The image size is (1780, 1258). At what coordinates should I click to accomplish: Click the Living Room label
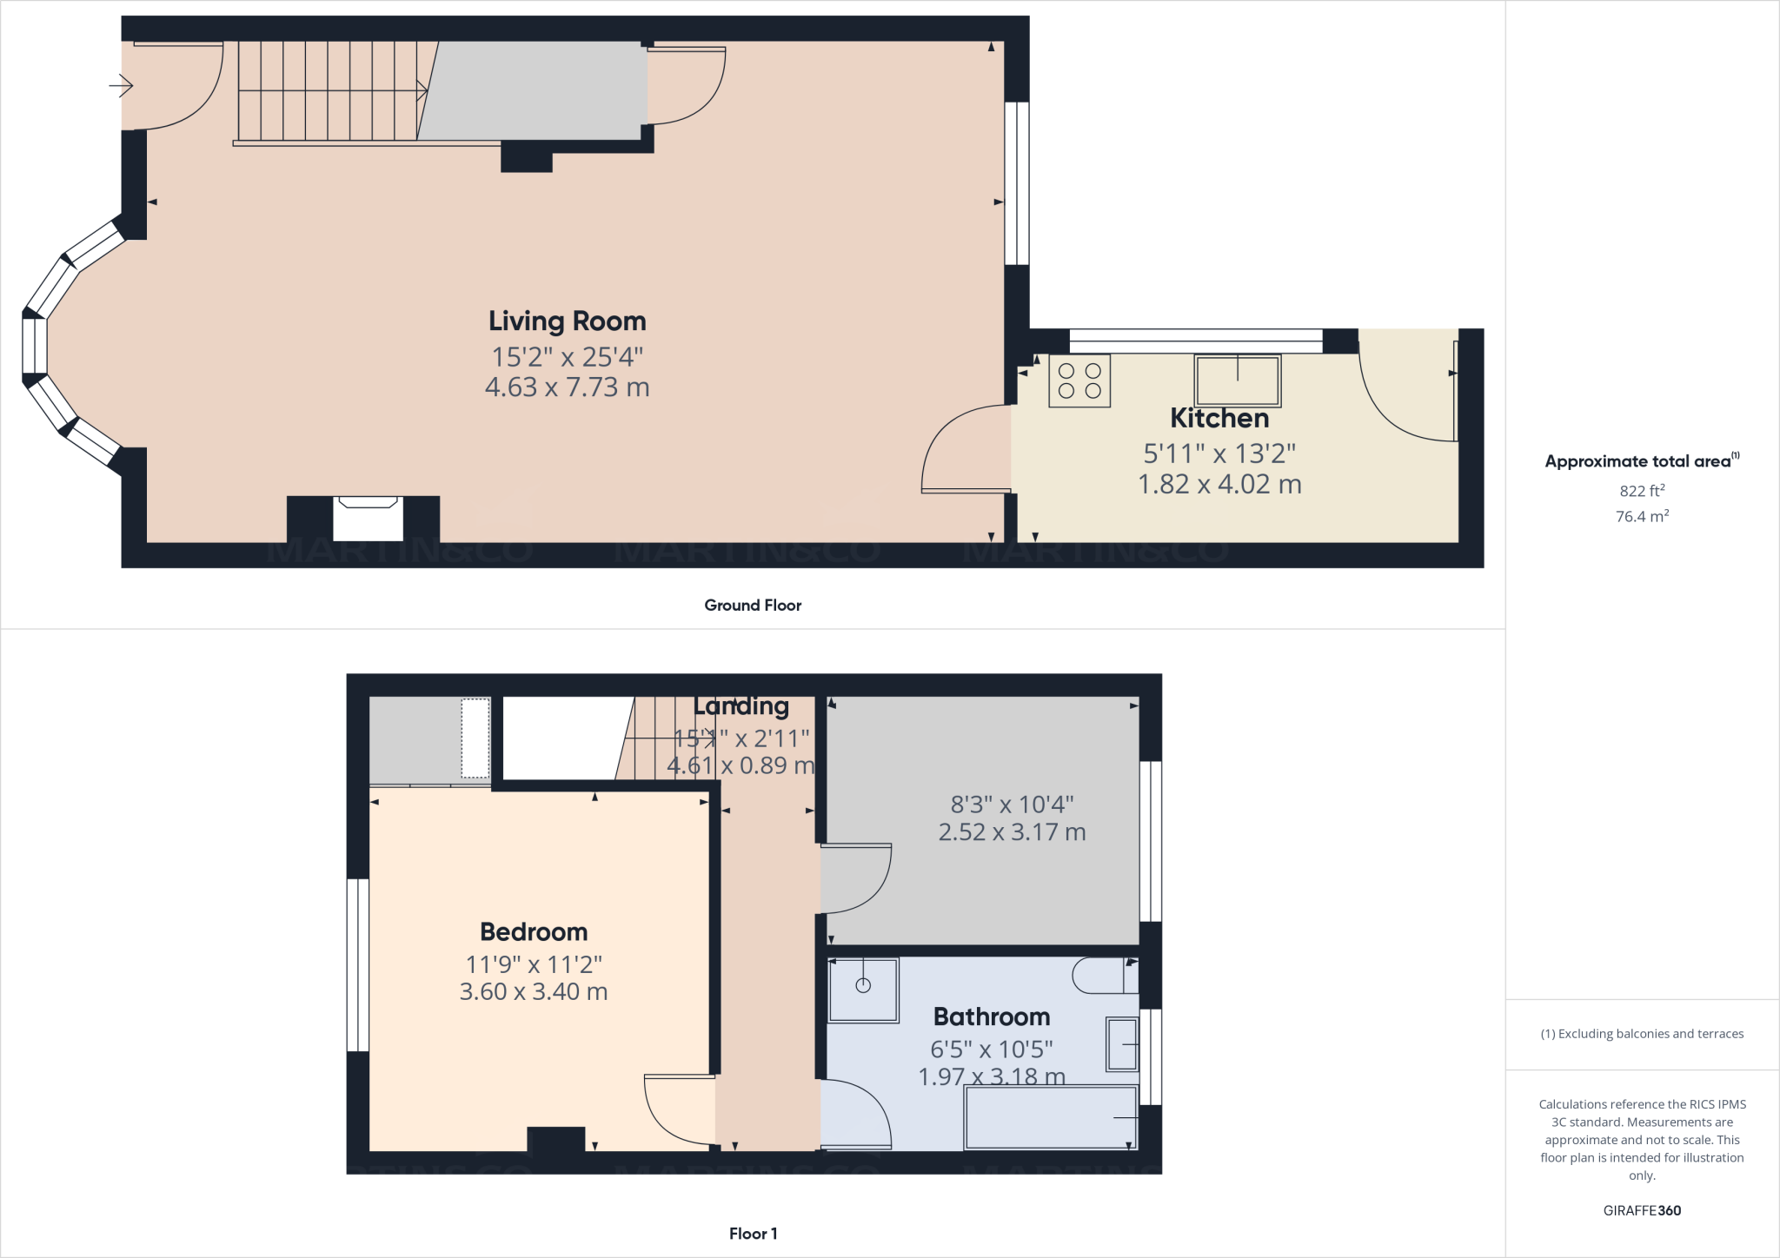coord(567,321)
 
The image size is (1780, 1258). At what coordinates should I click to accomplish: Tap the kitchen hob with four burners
coord(1079,381)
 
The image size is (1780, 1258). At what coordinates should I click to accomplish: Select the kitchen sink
coord(1237,381)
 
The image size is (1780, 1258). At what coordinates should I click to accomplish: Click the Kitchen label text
coord(1219,418)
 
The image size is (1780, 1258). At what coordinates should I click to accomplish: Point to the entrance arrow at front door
coord(121,86)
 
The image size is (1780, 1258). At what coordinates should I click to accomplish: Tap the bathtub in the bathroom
coord(1051,1117)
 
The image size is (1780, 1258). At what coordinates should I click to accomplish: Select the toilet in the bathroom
coord(1105,976)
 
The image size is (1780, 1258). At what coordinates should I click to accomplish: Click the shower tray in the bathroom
coord(863,990)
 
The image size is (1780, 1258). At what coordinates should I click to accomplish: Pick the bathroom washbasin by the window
coord(1121,1044)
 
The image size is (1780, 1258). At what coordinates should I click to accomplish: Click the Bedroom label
coord(534,932)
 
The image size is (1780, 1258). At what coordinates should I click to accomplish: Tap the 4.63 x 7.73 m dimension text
coord(567,387)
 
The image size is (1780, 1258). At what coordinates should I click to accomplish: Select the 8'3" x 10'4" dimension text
coord(1012,804)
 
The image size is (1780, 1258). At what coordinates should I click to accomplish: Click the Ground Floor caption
coord(753,606)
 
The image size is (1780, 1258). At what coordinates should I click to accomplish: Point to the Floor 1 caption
coord(753,1234)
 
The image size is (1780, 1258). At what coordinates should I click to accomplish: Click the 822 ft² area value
coord(1642,491)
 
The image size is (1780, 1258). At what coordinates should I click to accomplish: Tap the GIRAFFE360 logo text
coord(1642,1210)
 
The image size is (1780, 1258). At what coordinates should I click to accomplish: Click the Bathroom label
coord(991,1016)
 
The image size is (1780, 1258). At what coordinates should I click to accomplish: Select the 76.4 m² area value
coord(1642,516)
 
